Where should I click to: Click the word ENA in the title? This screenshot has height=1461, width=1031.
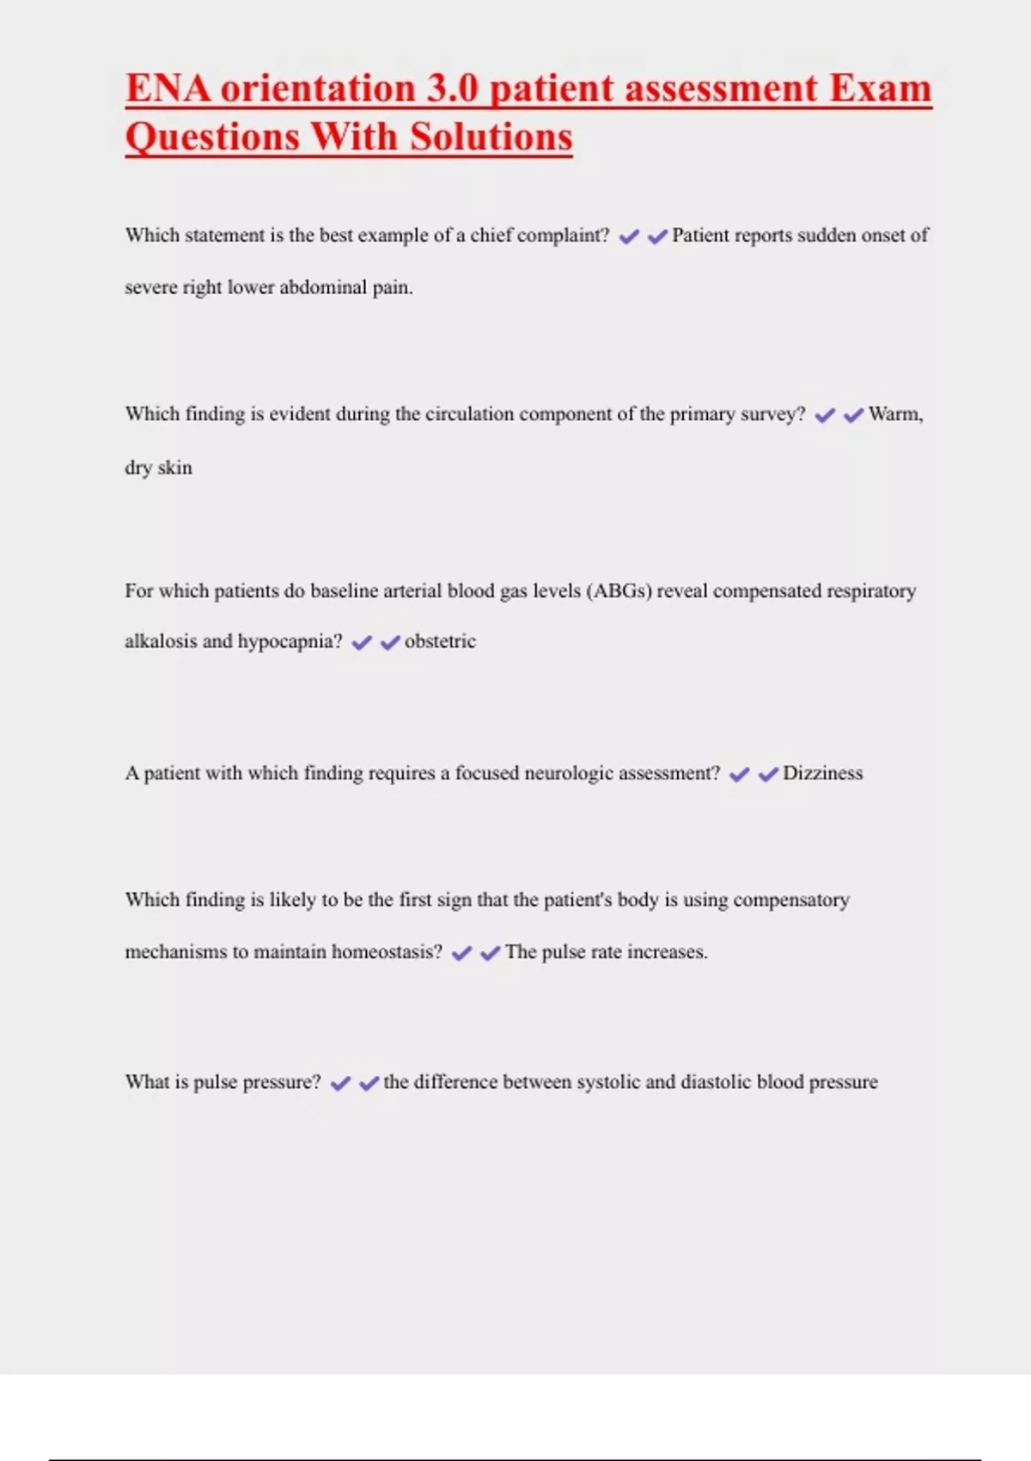click(x=168, y=89)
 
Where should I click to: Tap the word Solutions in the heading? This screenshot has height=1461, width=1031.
click(x=491, y=138)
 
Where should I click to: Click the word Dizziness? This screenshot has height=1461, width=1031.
click(x=822, y=773)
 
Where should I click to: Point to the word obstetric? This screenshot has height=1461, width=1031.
click(x=440, y=642)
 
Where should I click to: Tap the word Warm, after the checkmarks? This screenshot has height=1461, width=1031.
click(x=895, y=415)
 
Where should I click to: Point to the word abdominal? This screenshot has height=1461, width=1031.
click(x=323, y=288)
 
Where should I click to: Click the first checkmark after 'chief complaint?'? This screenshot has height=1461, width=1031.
click(x=629, y=237)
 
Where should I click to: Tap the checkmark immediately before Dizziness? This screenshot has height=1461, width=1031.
click(x=768, y=775)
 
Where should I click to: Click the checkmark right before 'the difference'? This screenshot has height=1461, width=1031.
click(x=369, y=1084)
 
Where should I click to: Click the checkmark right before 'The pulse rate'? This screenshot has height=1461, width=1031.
click(x=490, y=954)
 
